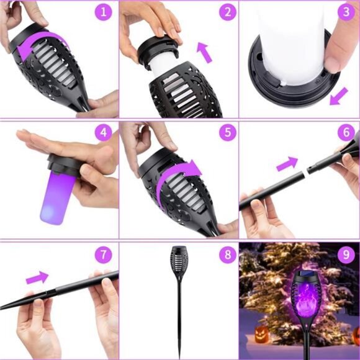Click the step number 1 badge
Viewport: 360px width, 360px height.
103,12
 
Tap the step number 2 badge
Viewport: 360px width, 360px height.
228,12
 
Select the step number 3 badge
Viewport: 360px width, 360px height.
346,12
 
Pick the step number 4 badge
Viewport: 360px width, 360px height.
104,132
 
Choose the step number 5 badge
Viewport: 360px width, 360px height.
228,132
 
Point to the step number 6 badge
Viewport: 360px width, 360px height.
346,132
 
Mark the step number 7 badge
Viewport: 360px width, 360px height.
103,254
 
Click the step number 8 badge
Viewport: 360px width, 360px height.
228,254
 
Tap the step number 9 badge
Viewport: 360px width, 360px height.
346,254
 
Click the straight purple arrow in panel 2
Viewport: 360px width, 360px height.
205,53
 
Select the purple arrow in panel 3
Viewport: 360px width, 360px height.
339,96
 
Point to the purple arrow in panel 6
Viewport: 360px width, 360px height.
287,164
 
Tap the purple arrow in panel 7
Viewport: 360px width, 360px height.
37,277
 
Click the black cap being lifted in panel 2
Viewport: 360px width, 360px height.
158,50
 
